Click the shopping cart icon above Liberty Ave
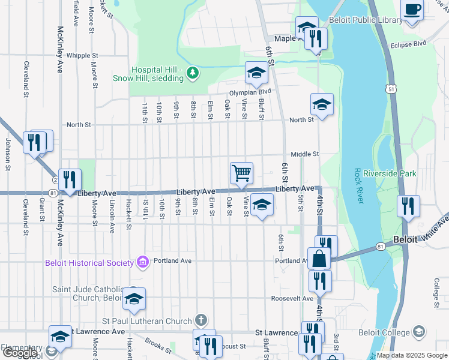[x=241, y=173]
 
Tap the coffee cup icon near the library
[x=412, y=10]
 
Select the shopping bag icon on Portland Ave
[x=319, y=259]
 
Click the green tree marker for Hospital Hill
[x=192, y=73]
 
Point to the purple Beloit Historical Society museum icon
[x=143, y=262]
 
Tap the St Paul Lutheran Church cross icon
[x=202, y=320]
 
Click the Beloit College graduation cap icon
[x=418, y=332]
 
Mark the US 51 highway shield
[x=391, y=89]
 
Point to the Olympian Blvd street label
[x=250, y=92]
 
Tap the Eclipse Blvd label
[x=408, y=44]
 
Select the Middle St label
[x=305, y=154]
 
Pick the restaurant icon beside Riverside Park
[x=408, y=206]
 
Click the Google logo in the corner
[x=19, y=353]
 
